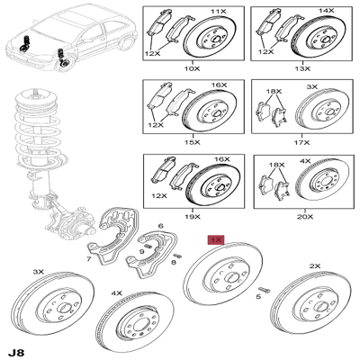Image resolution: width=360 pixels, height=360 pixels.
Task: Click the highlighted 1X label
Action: [x=216, y=240]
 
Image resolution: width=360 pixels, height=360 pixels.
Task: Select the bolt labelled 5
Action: [x=265, y=290]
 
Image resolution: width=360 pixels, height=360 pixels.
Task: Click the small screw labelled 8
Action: [x=178, y=256]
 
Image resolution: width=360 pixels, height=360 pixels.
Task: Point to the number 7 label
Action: [x=88, y=258]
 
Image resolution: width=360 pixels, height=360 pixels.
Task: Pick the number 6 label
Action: [x=161, y=226]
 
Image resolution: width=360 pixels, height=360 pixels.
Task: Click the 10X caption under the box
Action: [x=192, y=68]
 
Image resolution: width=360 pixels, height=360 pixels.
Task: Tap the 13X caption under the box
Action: [x=302, y=68]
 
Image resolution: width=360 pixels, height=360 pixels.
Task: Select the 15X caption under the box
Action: [x=193, y=142]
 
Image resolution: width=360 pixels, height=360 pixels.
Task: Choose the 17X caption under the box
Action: [x=302, y=142]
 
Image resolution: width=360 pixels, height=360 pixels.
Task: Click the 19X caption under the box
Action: [x=193, y=217]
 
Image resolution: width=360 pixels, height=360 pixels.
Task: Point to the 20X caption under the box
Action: [x=305, y=217]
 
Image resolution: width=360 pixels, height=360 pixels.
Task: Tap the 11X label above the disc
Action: [x=218, y=12]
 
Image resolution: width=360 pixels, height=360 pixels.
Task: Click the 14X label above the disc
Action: [x=327, y=11]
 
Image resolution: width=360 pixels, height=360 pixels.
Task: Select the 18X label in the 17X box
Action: [x=274, y=91]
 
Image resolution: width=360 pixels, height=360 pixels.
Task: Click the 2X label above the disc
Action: [x=315, y=265]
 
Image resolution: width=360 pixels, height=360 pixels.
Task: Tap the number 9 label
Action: [x=141, y=252]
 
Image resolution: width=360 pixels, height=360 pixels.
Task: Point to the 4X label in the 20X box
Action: [x=305, y=161]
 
